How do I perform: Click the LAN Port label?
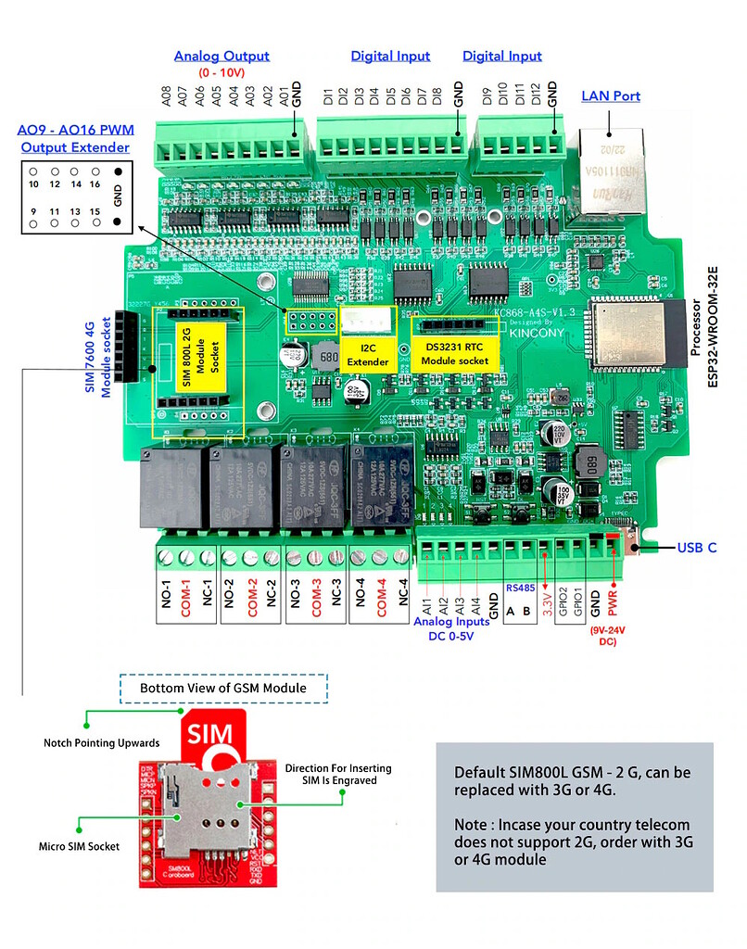(610, 95)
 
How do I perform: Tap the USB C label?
(697, 548)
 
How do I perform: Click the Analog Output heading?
(222, 56)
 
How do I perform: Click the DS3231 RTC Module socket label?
(454, 353)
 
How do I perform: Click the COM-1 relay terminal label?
(186, 601)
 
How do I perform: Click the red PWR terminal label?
(614, 600)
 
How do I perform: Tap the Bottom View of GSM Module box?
(222, 689)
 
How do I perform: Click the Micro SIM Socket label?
(79, 846)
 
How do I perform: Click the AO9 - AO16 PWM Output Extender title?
(76, 139)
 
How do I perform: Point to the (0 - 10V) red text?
(221, 72)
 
